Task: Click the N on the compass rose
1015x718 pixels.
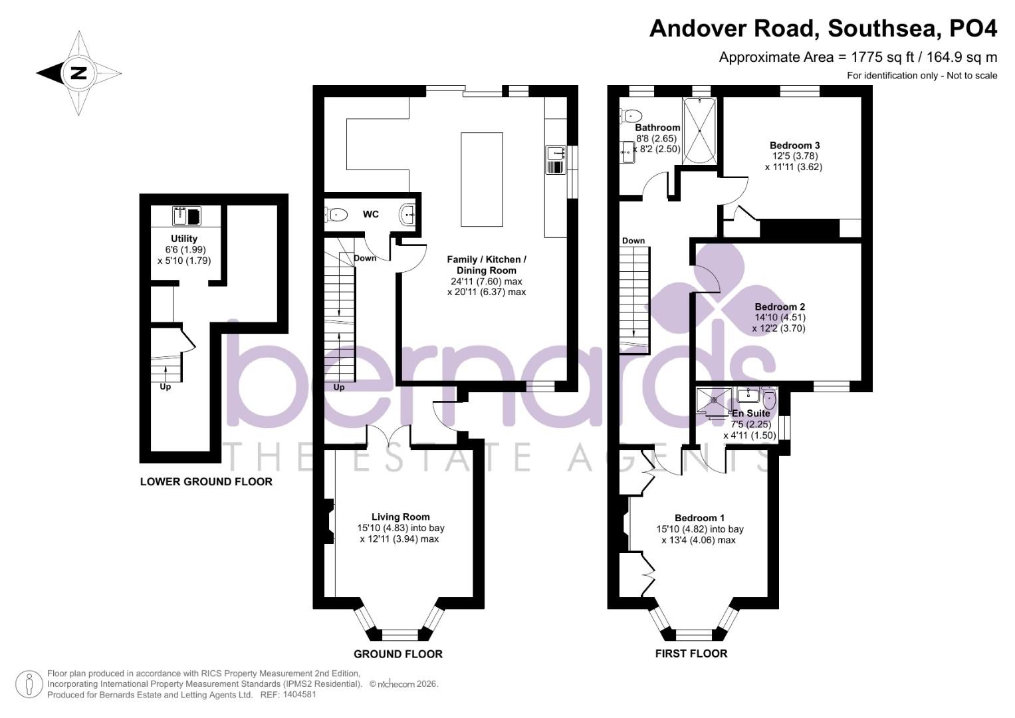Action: (78, 73)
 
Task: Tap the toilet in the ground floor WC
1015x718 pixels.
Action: (337, 214)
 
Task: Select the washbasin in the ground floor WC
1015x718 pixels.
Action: (408, 214)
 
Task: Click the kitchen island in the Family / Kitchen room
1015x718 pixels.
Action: (481, 179)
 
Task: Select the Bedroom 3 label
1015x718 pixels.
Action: (794, 146)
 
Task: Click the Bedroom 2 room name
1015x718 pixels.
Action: (780, 306)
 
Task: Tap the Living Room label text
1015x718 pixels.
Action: (400, 517)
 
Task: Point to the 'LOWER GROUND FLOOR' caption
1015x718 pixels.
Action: (206, 481)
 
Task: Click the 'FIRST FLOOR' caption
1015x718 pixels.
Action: (691, 654)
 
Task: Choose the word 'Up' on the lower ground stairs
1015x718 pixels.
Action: (165, 387)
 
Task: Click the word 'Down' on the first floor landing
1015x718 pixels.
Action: (633, 241)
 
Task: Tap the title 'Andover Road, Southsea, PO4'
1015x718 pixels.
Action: (823, 29)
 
